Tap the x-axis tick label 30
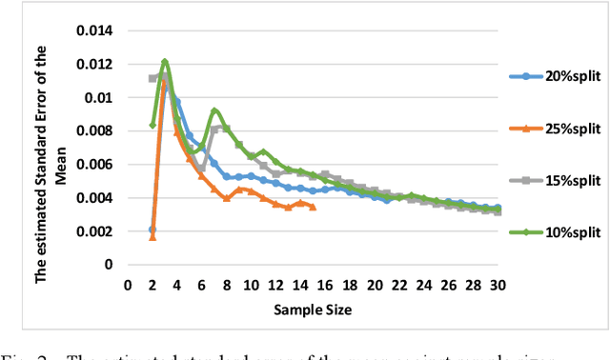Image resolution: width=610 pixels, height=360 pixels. pyautogui.click(x=496, y=285)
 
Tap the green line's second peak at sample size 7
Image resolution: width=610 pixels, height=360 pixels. pyautogui.click(x=214, y=111)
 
